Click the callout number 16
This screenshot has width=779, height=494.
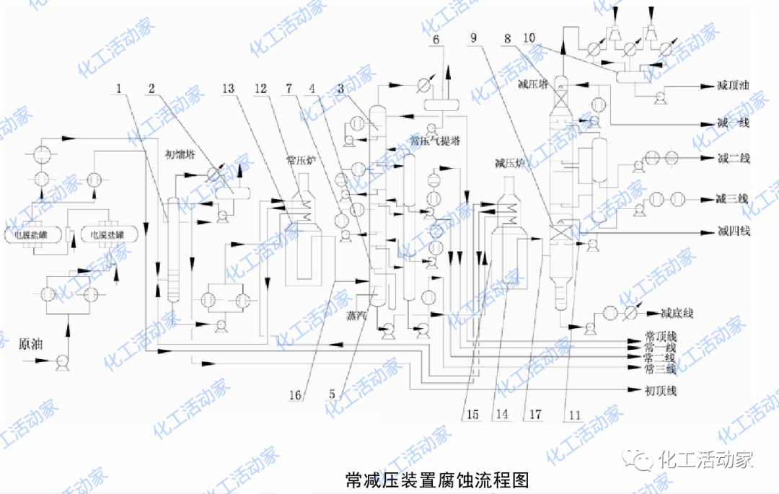[295, 394]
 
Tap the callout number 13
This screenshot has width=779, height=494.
[229, 88]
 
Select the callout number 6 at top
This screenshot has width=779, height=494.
[436, 39]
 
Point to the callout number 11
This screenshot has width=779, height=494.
[573, 415]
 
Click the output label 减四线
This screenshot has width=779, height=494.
[734, 231]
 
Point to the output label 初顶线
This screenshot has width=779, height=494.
[661, 392]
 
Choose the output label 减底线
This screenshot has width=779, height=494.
[677, 314]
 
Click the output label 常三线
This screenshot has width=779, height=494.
[660, 369]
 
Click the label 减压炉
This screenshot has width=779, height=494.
[509, 164]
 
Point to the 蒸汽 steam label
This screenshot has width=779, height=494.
[356, 315]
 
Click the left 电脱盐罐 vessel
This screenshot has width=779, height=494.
[34, 234]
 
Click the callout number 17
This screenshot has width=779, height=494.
[534, 415]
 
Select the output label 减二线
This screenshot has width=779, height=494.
[734, 159]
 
